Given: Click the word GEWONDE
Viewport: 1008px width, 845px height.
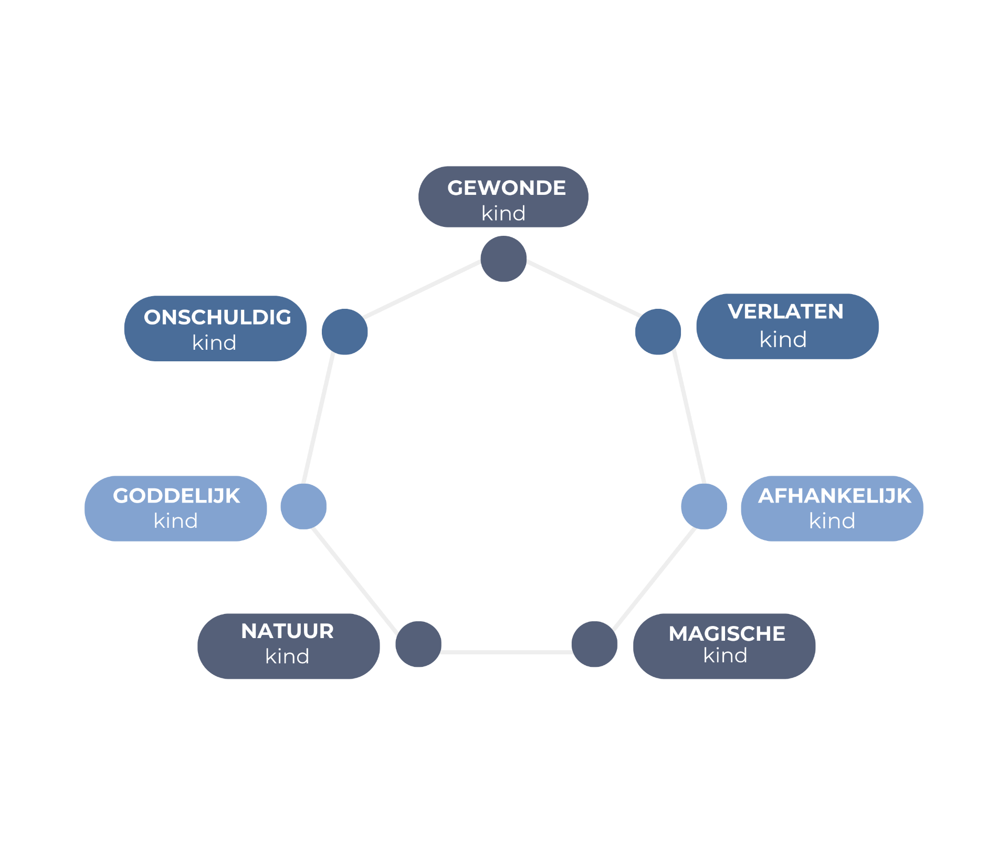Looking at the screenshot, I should (x=506, y=188).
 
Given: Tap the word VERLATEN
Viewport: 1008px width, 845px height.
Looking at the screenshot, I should (x=785, y=312).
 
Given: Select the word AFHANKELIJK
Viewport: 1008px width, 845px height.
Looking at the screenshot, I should (x=834, y=496).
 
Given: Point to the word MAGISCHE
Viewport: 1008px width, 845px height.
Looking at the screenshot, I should (x=727, y=633).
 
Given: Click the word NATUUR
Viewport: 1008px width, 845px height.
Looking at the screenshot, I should (x=287, y=631).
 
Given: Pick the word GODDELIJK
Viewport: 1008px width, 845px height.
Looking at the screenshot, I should (x=176, y=496).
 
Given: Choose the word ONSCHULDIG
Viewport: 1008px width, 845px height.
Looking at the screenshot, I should (x=217, y=317).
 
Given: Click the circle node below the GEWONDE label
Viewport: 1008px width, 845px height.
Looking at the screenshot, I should (x=503, y=259).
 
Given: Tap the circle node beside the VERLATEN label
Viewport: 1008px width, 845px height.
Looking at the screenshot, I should (x=658, y=331).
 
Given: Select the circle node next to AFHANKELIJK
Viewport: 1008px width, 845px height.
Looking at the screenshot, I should (x=704, y=506).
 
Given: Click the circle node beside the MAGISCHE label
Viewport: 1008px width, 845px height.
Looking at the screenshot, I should (x=594, y=644).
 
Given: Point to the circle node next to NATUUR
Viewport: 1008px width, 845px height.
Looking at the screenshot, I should (x=418, y=644).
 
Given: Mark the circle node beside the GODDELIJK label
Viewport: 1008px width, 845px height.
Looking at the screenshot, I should (x=303, y=506).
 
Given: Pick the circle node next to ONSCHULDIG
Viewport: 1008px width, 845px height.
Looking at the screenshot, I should (x=344, y=331).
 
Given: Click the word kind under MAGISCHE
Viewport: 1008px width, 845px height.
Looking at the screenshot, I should (x=725, y=655).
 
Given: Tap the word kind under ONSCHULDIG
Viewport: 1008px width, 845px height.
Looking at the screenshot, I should (x=214, y=343).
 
